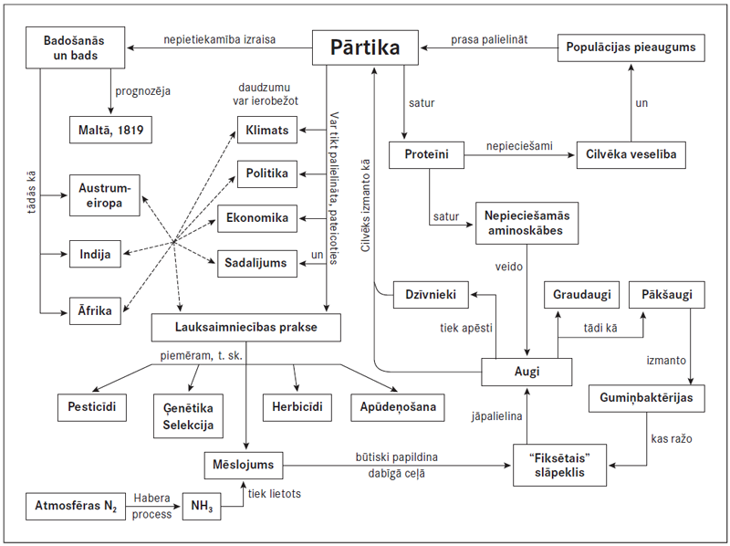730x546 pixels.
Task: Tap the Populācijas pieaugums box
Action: [x=631, y=47]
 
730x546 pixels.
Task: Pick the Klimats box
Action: [x=266, y=130]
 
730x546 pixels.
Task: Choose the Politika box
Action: [x=266, y=173]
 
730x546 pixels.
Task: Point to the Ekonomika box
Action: [x=257, y=218]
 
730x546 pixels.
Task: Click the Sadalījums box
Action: [x=256, y=263]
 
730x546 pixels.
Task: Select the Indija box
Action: [x=96, y=255]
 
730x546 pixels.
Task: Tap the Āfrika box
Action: [x=95, y=310]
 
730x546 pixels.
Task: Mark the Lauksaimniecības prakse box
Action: [x=246, y=326]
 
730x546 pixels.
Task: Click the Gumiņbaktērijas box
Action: [x=644, y=399]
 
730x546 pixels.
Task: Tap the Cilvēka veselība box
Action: [x=631, y=154]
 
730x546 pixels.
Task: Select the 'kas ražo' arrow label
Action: [x=671, y=439]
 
